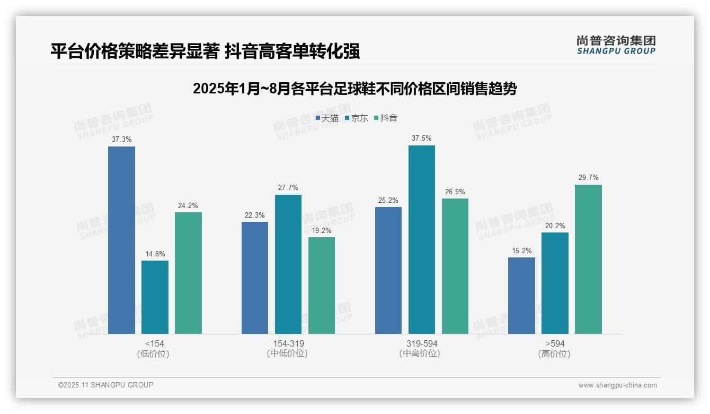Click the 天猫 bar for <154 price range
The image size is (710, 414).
[121, 240]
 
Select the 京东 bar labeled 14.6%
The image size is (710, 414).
[155, 297]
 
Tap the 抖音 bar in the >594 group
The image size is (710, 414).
[588, 259]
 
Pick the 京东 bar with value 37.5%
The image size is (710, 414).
[422, 239]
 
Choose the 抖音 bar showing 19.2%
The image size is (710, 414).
[322, 285]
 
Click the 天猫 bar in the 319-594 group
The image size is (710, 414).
[388, 270]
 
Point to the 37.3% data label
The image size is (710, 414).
[121, 140]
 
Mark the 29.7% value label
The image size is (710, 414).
[588, 178]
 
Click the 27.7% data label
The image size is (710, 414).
[288, 188]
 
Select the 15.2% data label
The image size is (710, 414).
[521, 251]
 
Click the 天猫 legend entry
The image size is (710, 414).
[327, 118]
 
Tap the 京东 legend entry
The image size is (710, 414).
[357, 118]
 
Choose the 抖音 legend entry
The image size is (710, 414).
[386, 118]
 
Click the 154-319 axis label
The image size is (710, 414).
[288, 344]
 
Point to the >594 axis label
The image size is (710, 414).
[554, 344]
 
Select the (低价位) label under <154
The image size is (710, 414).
[153, 354]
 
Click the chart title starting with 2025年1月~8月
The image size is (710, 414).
[354, 89]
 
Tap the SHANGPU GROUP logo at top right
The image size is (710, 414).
[616, 45]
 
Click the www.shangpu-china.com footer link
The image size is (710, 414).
[617, 385]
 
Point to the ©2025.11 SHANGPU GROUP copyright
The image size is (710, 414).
[106, 385]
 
